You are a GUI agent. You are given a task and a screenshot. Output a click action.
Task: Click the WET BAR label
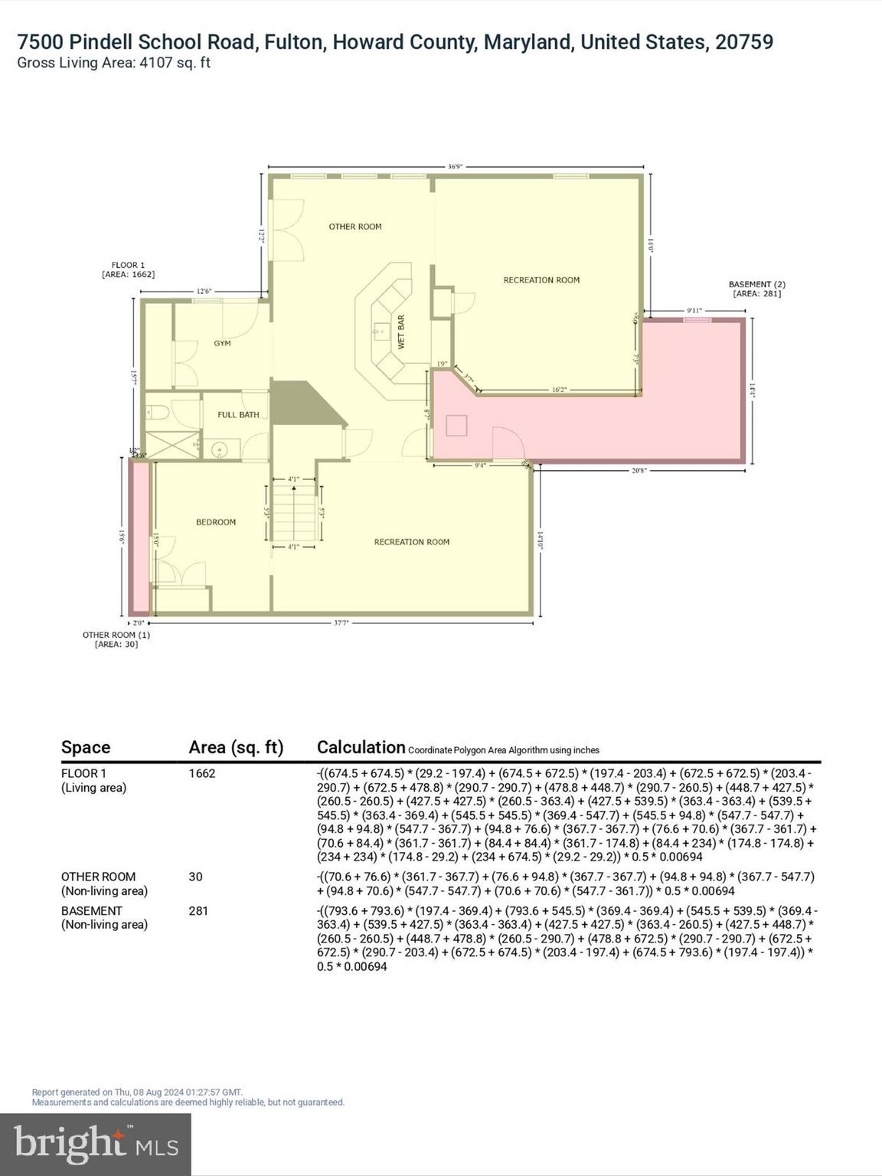[400, 332]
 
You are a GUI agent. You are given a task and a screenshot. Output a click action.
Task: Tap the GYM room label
[222, 343]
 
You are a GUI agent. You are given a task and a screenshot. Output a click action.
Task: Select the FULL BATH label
[238, 414]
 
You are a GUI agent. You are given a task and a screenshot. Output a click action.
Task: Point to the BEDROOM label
[216, 522]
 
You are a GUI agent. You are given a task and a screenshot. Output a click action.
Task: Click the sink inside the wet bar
[379, 332]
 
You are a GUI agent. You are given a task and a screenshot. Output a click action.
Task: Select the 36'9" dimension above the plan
[455, 166]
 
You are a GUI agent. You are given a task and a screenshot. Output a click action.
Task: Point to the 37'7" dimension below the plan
[341, 623]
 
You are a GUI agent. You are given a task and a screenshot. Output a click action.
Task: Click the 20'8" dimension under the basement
[639, 471]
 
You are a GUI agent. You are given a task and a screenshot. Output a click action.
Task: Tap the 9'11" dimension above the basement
[694, 310]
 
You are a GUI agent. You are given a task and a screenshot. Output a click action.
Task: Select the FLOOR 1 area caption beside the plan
[128, 269]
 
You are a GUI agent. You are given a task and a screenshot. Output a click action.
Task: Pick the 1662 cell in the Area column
[202, 773]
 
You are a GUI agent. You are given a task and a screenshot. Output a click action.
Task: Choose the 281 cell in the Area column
[198, 911]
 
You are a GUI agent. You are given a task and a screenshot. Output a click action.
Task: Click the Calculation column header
[361, 747]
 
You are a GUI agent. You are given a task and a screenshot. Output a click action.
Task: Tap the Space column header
[86, 747]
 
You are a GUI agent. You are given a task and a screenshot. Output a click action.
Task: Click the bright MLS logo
[96, 1144]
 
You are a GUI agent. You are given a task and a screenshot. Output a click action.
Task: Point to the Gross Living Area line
[113, 63]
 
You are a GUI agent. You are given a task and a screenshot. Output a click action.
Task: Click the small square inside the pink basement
[456, 425]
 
